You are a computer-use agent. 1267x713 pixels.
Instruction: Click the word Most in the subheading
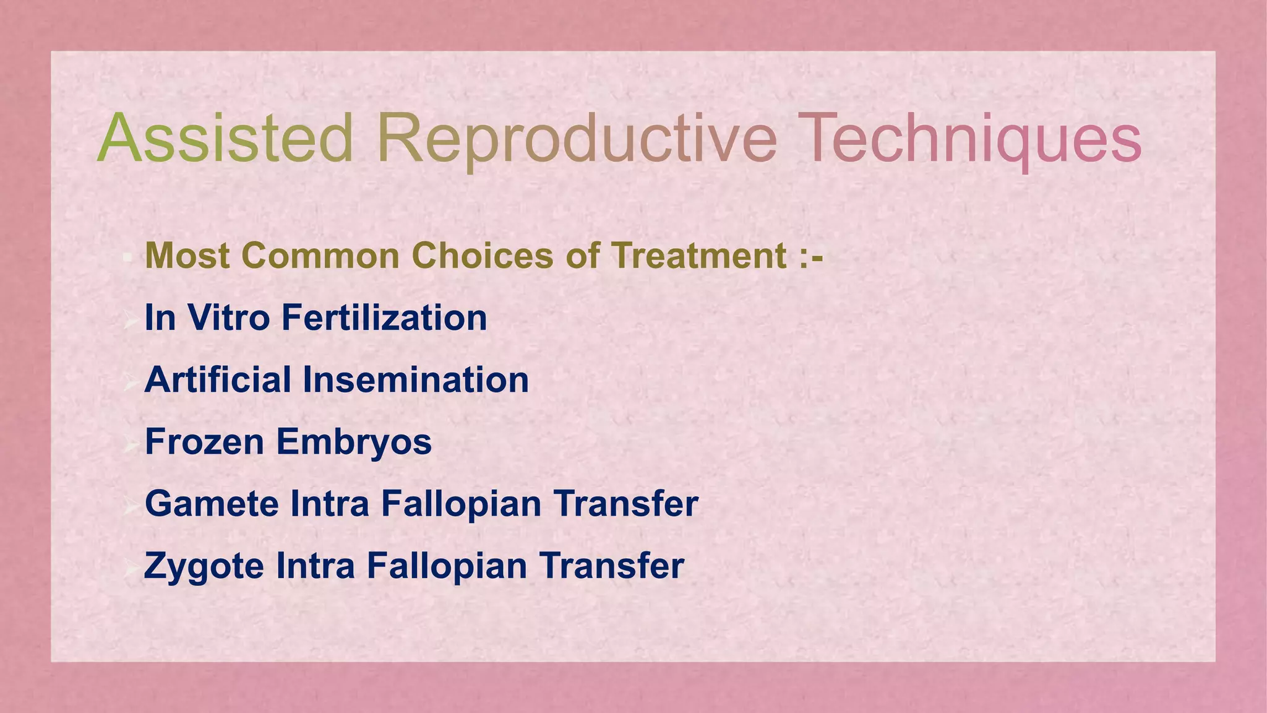click(186, 256)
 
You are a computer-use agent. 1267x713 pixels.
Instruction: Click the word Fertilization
click(384, 318)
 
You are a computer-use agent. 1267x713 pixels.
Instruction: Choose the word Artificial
click(217, 380)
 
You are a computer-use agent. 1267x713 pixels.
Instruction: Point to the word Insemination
click(415, 380)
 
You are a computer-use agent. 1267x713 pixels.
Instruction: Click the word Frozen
click(204, 442)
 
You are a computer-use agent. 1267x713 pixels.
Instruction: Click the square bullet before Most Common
click(126, 257)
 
